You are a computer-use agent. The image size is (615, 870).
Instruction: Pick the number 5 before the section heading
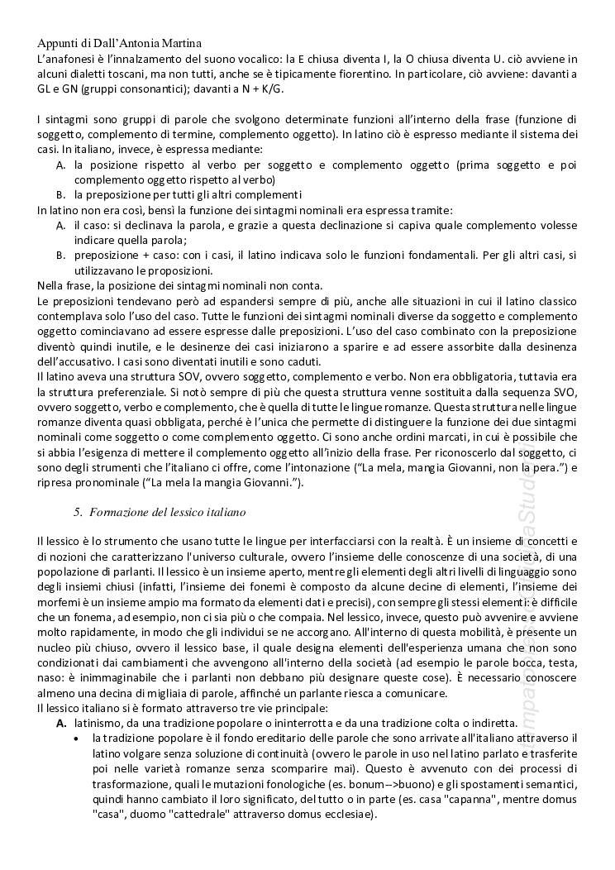[x=76, y=512]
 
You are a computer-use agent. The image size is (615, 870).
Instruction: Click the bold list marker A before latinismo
[x=61, y=723]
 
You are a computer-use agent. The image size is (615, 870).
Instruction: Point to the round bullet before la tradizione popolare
[x=77, y=739]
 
